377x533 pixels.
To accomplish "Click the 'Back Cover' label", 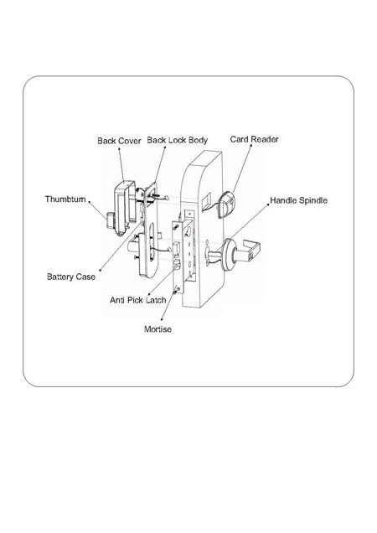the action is tap(119, 141).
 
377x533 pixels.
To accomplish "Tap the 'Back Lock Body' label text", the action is tap(177, 140).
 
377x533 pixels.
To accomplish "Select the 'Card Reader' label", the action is tap(255, 139).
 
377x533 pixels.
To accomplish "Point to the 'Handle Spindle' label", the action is tap(299, 200).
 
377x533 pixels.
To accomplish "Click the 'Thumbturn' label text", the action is tap(65, 199).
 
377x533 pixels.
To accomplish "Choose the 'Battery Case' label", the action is tap(71, 277).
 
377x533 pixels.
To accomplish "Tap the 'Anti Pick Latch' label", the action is tap(138, 300).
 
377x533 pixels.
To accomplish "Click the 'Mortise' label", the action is tap(158, 329).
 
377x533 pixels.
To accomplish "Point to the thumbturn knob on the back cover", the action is tap(110, 220).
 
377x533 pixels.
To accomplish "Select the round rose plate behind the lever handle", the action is tap(228, 255).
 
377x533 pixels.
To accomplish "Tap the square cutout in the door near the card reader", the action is tap(206, 202).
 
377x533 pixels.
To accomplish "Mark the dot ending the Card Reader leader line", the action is tap(251, 145).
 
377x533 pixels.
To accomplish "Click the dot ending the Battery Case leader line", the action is tap(101, 271).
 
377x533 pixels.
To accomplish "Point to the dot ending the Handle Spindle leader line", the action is tap(268, 204).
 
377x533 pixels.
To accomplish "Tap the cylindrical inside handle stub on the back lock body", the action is tap(132, 246).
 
